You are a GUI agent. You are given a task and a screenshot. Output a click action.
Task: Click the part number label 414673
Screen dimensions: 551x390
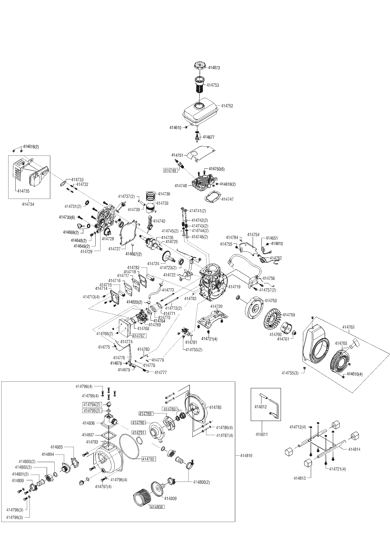[214, 68]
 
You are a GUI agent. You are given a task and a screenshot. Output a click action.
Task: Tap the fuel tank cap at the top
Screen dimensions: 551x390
[199, 66]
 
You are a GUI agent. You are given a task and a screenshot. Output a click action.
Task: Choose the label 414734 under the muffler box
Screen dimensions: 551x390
[28, 204]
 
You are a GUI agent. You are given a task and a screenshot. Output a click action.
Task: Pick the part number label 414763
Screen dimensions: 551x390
[348, 327]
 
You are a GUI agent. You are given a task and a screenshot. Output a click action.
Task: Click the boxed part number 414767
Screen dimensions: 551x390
[139, 336]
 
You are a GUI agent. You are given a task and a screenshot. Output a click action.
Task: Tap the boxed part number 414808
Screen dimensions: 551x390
[157, 507]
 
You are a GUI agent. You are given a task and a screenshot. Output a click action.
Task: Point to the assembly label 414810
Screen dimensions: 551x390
[246, 456]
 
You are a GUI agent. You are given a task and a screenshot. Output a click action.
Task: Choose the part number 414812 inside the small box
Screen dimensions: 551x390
[261, 407]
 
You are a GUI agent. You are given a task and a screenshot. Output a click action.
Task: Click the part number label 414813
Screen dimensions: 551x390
[299, 478]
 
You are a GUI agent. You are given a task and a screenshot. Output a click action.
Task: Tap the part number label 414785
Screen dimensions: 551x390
[215, 407]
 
